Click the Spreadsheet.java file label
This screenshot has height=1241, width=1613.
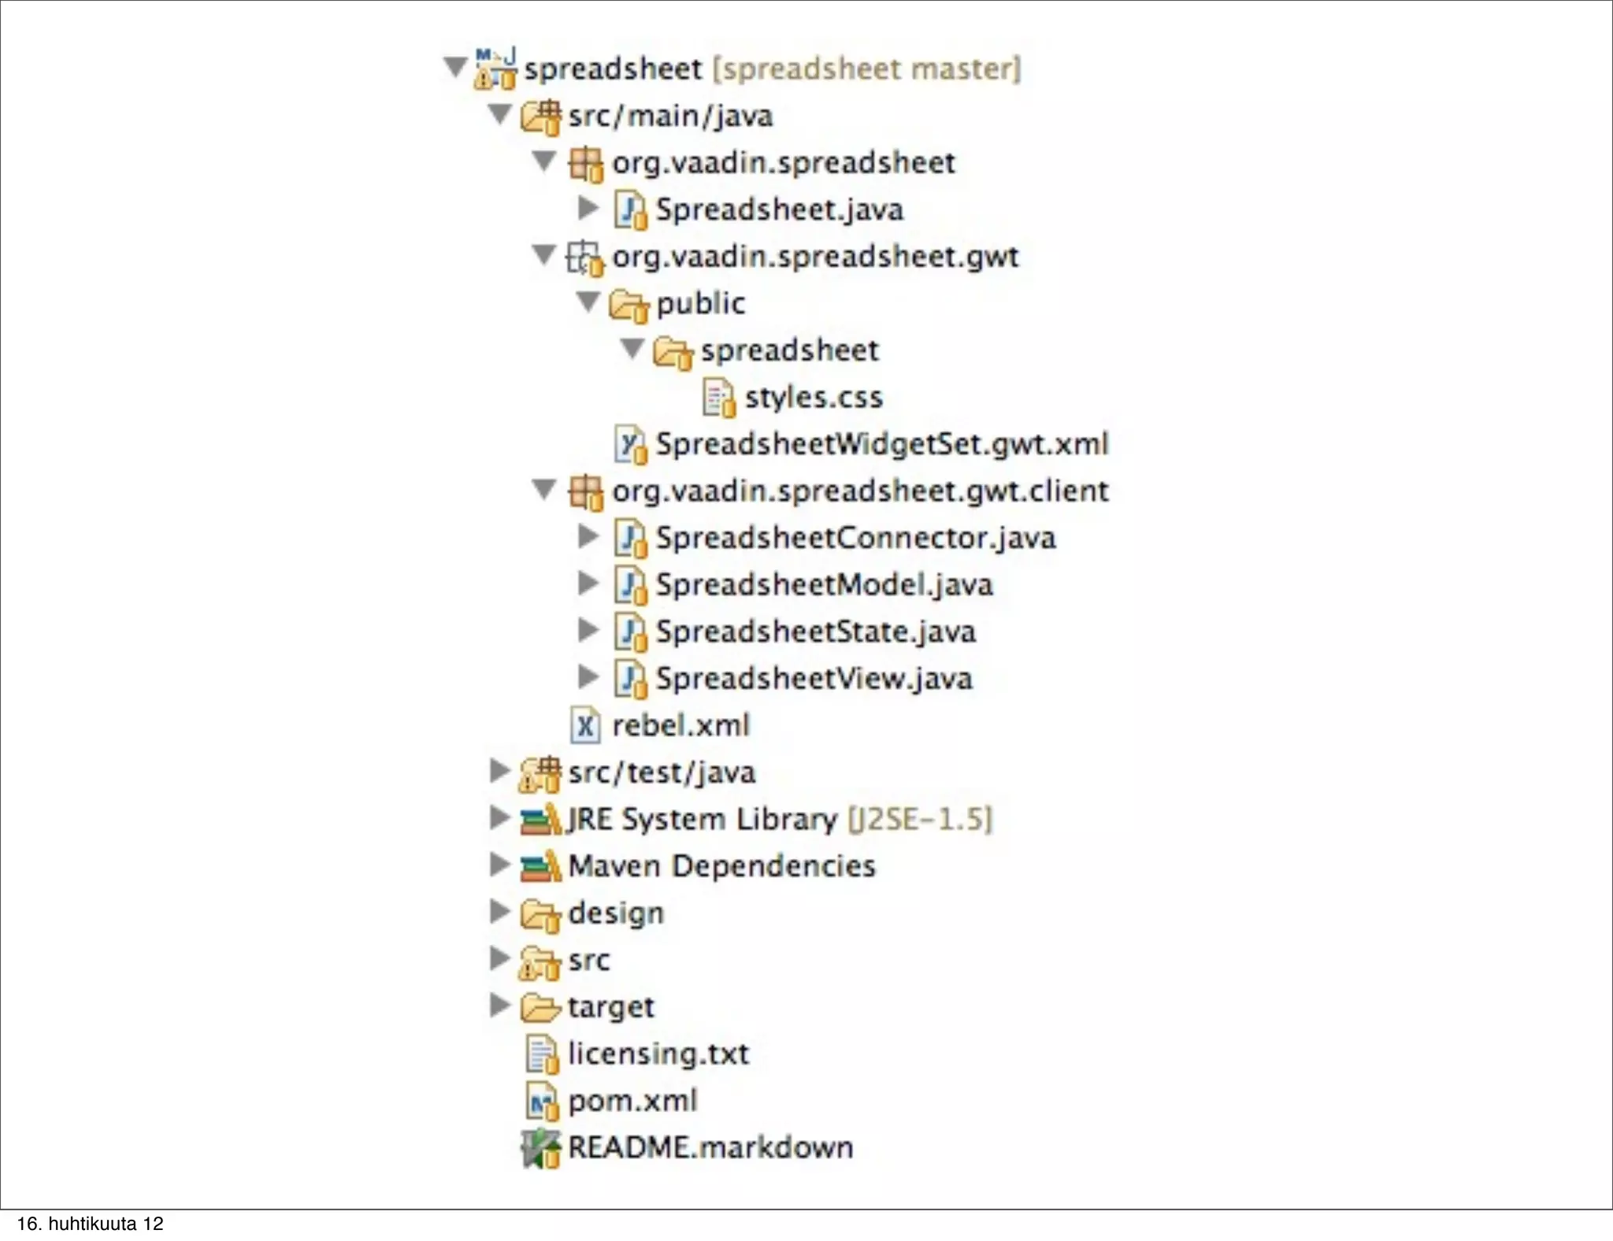coord(779,209)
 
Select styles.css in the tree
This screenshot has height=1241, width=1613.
coord(814,397)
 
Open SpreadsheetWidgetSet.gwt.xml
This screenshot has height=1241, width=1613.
coord(882,444)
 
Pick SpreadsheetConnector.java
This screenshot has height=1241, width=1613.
coord(855,538)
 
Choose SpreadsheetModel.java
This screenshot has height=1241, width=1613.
coord(824,584)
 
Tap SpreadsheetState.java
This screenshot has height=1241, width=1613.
coord(815,632)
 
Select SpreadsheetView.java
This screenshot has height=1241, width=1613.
coord(814,678)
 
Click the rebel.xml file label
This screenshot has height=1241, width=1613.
coord(680,725)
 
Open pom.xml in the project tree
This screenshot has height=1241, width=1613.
coord(632,1100)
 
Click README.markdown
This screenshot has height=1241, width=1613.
coord(710,1147)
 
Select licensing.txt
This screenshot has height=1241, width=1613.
coord(658,1054)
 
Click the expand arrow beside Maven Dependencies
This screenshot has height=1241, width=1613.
coord(499,865)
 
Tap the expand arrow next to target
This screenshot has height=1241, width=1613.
coord(499,1005)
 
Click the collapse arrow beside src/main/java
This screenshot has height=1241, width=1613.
coord(499,115)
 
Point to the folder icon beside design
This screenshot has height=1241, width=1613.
coord(540,914)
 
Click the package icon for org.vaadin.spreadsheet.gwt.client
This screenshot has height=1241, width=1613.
coord(585,492)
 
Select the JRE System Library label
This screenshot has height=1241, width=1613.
coord(702,819)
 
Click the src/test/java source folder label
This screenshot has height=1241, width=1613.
coord(662,772)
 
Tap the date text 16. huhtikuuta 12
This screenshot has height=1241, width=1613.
coord(90,1224)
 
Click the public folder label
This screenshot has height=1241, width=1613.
coord(700,303)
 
